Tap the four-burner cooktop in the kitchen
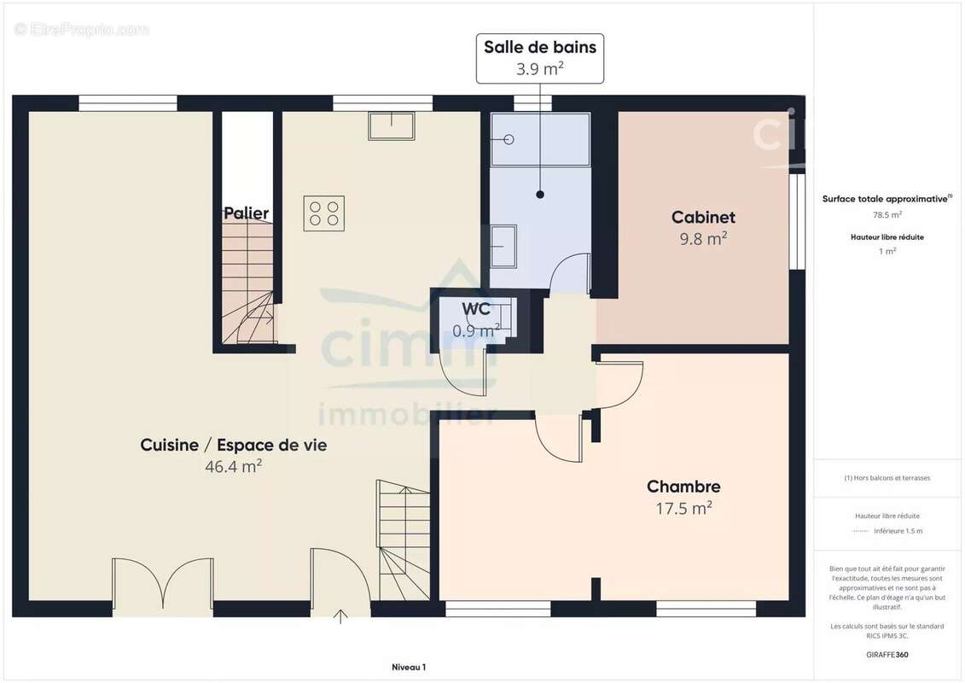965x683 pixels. coord(324,213)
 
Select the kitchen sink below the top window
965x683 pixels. coord(391,126)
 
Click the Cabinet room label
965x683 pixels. coord(703,218)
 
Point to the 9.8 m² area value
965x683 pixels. coord(703,239)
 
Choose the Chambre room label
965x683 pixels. coord(683,487)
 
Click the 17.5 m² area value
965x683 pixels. coord(683,508)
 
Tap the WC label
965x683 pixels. coord(475,309)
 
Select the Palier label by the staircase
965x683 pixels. coord(246,213)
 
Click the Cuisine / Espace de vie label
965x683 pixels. coord(233,445)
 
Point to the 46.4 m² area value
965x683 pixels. coord(233,466)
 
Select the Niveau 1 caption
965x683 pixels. coord(408,668)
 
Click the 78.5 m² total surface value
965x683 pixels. coord(887,215)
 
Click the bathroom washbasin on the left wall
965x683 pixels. coord(503,246)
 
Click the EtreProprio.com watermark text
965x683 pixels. coord(82,30)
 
